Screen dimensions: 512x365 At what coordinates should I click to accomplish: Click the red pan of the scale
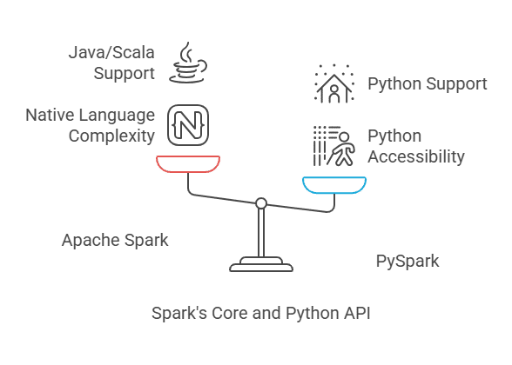[x=188, y=169]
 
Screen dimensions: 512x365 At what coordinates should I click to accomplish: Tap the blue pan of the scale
[x=334, y=190]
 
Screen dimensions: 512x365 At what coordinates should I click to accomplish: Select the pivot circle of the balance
[x=261, y=203]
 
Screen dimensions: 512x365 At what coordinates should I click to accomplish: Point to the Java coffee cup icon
[x=188, y=63]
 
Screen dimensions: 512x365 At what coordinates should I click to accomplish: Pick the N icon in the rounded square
[x=188, y=125]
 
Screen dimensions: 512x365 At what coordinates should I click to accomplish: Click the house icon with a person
[x=334, y=83]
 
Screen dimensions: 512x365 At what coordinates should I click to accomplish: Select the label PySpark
[x=408, y=261]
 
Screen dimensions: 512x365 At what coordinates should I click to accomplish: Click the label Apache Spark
[x=115, y=240]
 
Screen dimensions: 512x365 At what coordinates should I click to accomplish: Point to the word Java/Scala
[x=111, y=52]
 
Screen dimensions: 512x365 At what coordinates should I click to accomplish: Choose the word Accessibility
[x=416, y=156]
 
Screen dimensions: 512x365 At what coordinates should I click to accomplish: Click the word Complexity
[x=111, y=136]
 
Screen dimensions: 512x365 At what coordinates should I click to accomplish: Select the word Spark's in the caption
[x=179, y=313]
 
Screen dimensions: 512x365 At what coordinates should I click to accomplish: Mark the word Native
[x=50, y=115]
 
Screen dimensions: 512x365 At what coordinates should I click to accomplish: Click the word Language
[x=117, y=116]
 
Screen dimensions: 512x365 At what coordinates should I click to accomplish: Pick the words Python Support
[x=428, y=84]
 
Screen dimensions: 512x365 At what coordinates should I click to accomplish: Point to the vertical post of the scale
[x=261, y=233]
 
